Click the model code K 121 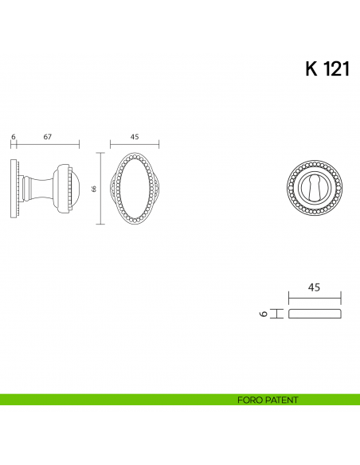coord(327,69)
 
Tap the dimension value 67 coord(48,137)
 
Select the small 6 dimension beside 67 coord(14,137)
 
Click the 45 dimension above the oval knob coord(134,137)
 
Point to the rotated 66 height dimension coord(94,189)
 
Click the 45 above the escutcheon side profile coord(314,287)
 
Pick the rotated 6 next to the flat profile coord(262,314)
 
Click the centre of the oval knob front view coord(134,189)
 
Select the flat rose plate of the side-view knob coord(14,189)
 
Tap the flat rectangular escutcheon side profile coord(314,314)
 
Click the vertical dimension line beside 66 coord(100,189)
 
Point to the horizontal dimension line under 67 coord(48,145)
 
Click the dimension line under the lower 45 coord(314,297)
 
